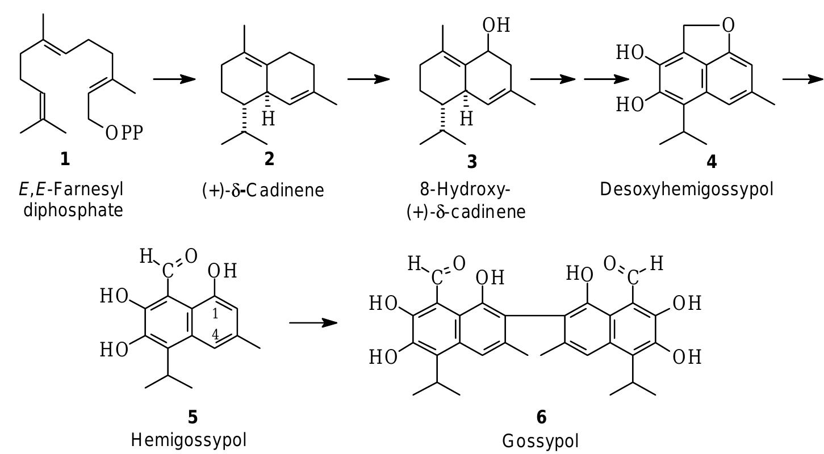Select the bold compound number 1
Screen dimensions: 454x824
[65, 159]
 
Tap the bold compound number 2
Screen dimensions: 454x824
[269, 159]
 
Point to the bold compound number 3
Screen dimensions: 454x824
[472, 162]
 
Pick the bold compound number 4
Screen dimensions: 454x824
[711, 162]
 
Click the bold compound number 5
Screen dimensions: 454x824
[193, 418]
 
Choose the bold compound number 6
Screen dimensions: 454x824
[541, 418]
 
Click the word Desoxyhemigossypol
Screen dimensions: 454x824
[687, 189]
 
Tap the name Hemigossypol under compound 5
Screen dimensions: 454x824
[189, 439]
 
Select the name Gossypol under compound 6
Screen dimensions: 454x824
[541, 440]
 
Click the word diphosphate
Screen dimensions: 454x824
[73, 210]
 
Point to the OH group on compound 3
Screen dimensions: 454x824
[496, 26]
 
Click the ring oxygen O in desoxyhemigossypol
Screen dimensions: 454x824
[729, 25]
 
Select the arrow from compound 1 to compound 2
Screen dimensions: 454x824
[174, 79]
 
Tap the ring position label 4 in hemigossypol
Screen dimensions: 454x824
[215, 335]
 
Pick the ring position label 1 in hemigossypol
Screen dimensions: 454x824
[215, 314]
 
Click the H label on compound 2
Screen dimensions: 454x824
[268, 119]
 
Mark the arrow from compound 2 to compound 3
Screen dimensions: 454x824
[368, 79]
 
